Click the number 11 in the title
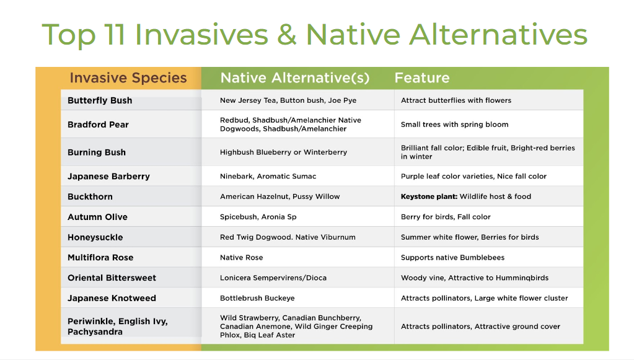114,34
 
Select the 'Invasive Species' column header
128,77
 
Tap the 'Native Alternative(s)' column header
295,77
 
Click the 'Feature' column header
421,77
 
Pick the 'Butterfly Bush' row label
100,100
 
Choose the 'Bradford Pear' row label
99,125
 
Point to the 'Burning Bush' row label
97,152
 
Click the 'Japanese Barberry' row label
109,176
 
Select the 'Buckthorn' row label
90,197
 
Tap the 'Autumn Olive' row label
97,217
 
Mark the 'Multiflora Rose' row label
100,257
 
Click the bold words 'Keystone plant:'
429,196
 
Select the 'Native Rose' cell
241,257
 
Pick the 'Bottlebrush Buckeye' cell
257,298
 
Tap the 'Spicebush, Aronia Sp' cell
258,217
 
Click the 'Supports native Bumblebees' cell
452,257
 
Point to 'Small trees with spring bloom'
454,125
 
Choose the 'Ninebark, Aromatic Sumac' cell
268,176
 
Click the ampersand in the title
287,35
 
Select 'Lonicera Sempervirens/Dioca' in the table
273,278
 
